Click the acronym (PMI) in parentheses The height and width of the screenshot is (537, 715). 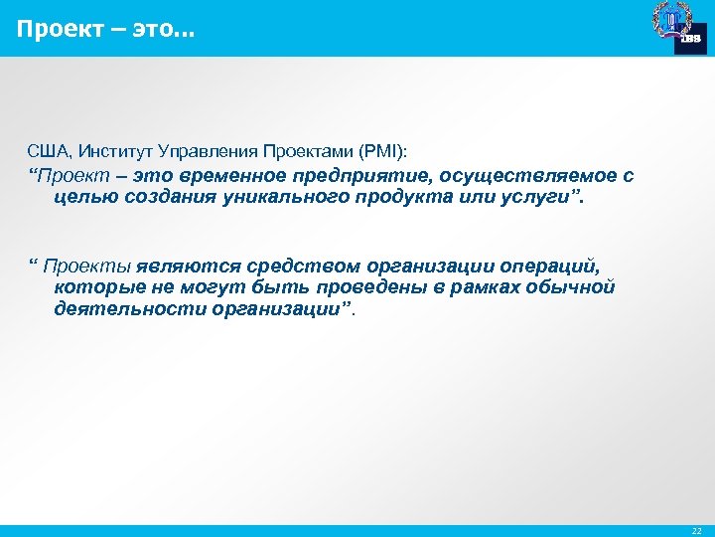381,150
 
